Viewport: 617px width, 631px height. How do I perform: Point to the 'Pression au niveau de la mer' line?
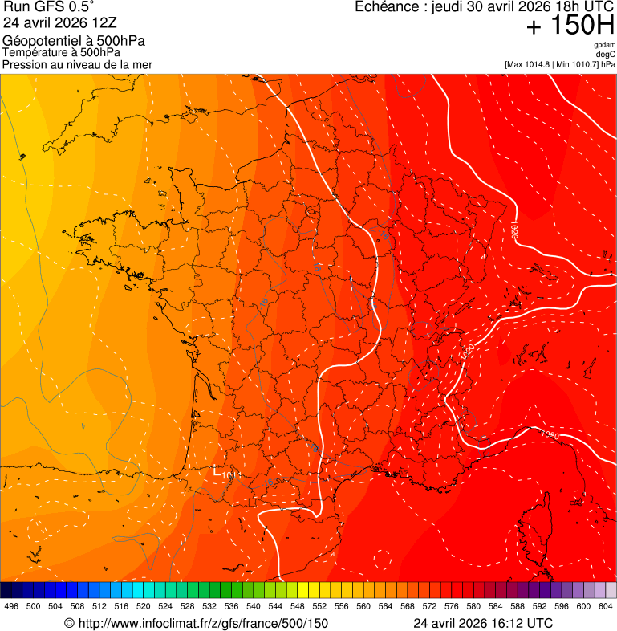(x=77, y=64)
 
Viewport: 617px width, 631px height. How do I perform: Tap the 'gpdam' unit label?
(x=604, y=45)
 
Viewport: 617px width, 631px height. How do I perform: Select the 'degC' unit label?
(x=606, y=55)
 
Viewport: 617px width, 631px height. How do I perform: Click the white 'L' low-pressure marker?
(x=216, y=470)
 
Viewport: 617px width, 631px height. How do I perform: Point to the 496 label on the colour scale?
(x=11, y=606)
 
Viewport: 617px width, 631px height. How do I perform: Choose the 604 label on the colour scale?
(x=605, y=606)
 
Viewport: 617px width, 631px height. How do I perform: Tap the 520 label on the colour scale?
(x=143, y=606)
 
